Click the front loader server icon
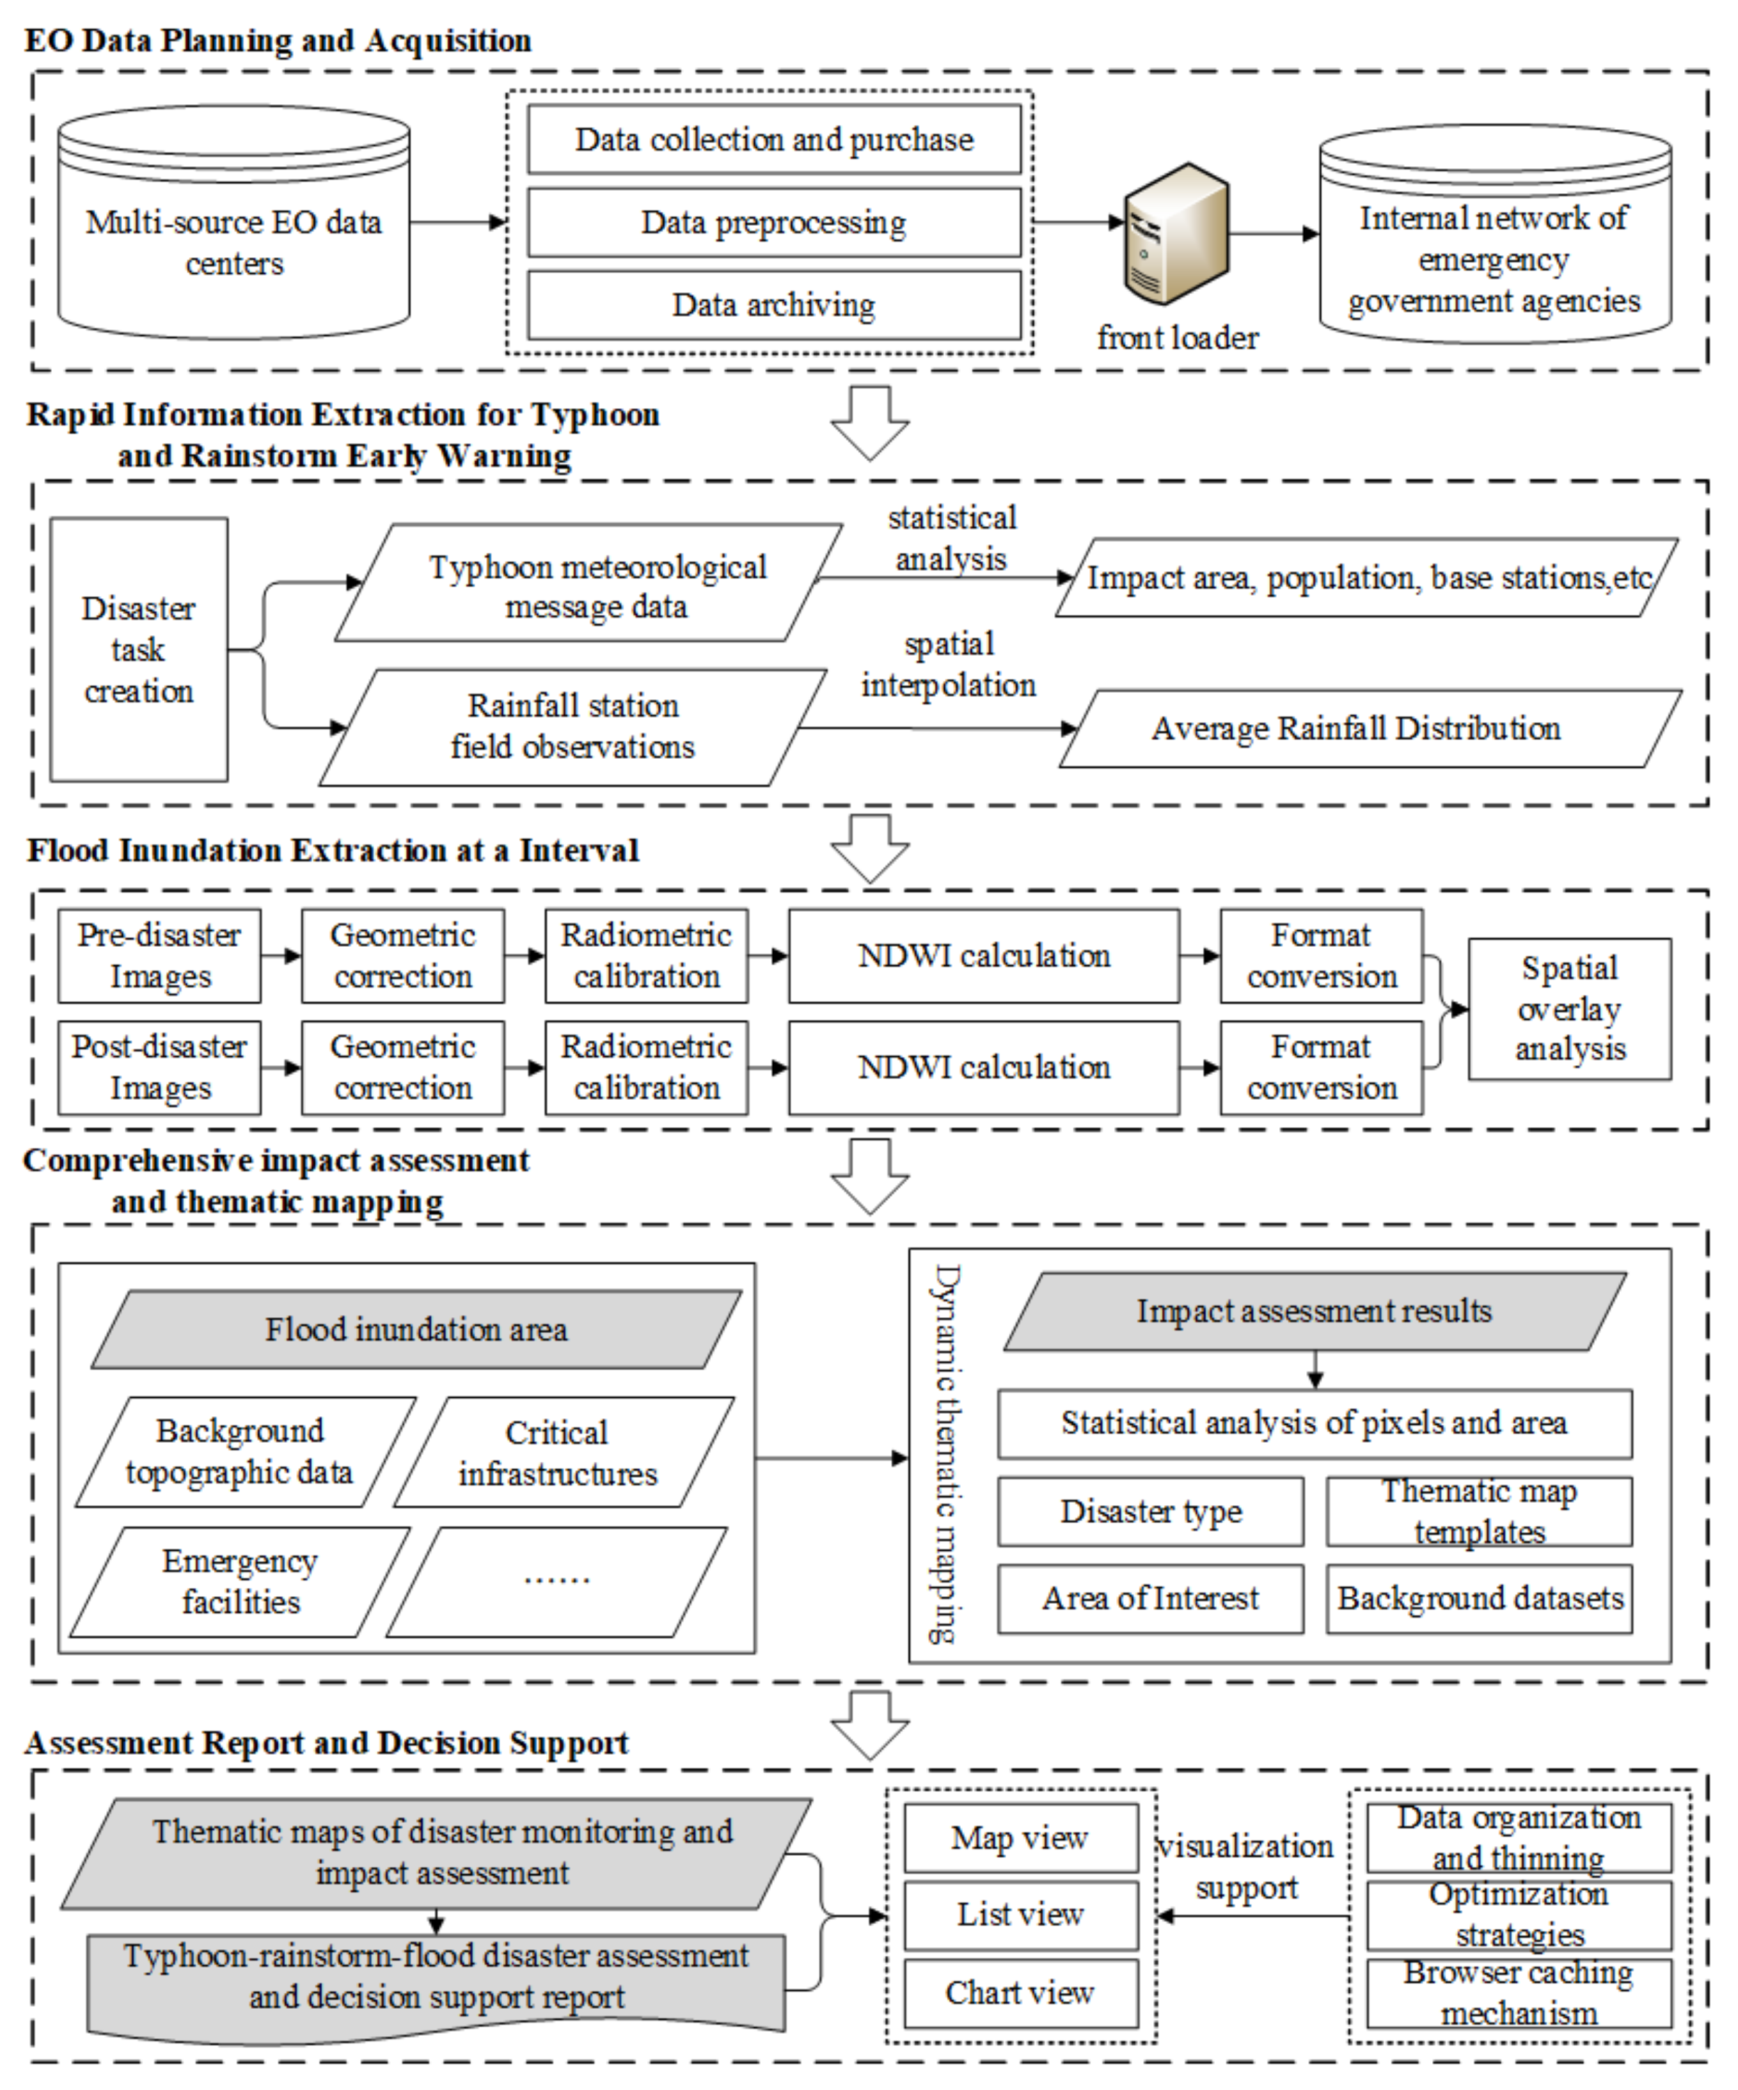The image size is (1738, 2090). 1176,235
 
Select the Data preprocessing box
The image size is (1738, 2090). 773,223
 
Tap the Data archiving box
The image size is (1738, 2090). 773,305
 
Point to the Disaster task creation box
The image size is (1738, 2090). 138,649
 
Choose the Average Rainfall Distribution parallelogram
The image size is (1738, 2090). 1369,729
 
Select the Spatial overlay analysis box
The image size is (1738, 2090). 1570,1008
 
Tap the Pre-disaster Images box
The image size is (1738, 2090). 159,955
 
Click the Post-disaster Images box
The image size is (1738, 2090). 159,1067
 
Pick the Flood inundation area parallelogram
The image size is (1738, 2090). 416,1329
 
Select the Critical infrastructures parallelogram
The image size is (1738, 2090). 562,1452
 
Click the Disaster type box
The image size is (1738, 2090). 1151,1511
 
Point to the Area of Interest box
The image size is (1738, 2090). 1151,1598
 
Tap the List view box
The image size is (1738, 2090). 1020,1914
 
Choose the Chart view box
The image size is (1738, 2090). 1020,1993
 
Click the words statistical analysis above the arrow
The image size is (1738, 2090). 952,539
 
